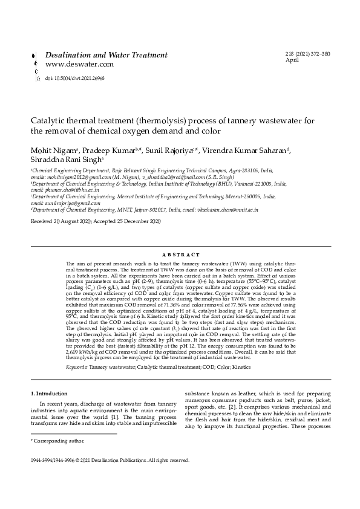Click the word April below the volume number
point(292,61)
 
